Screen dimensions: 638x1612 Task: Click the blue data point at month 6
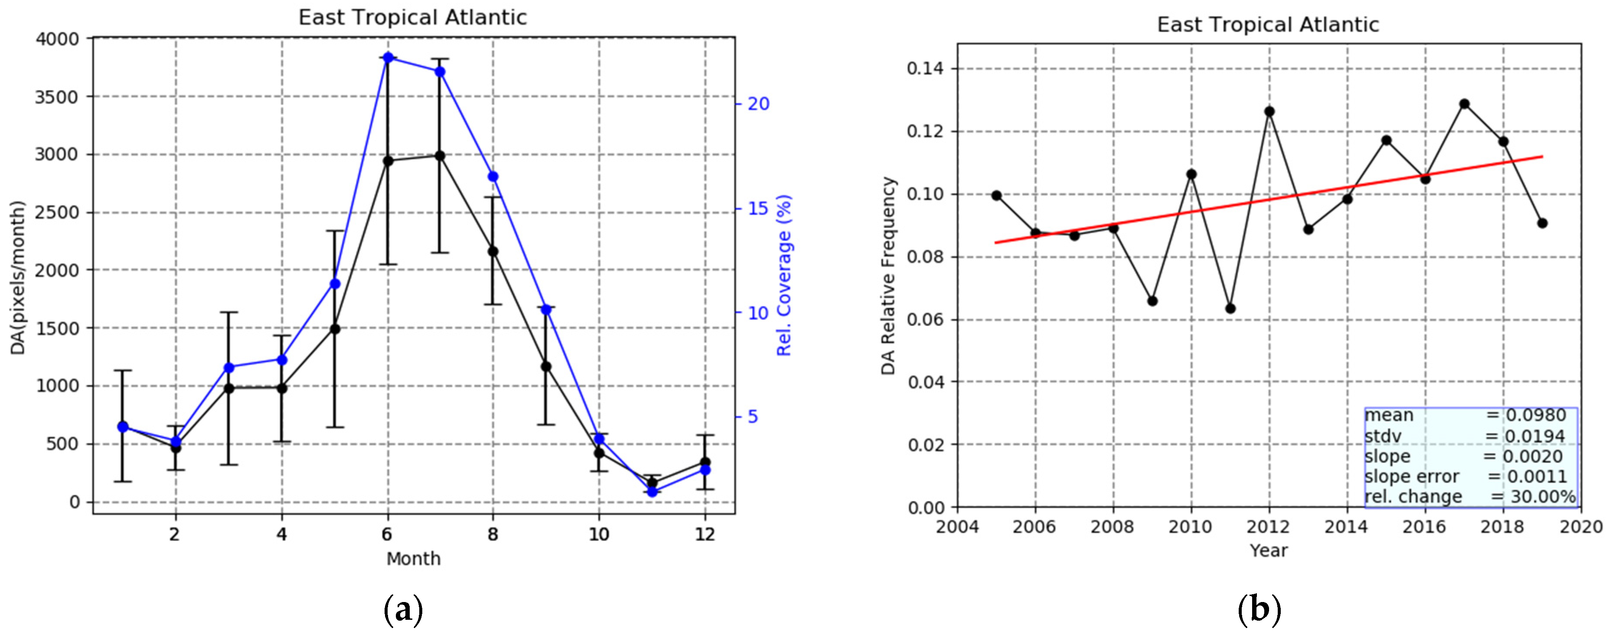388,58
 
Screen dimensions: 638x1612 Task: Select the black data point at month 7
440,156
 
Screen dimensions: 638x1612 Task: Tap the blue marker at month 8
493,176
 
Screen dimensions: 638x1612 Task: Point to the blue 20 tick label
758,104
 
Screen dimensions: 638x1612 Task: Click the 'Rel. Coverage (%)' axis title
784,275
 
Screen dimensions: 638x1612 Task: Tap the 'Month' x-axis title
413,559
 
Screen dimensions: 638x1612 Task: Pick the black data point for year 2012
1269,111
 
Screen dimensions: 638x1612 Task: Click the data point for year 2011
1230,308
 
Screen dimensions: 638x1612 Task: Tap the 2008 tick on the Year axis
1113,527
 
